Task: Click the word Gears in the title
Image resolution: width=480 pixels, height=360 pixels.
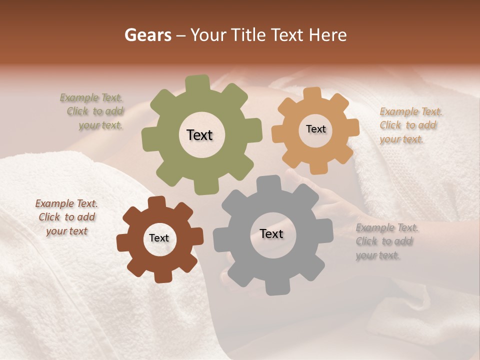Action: tap(147, 35)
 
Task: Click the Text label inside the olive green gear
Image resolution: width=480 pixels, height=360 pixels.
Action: tap(199, 135)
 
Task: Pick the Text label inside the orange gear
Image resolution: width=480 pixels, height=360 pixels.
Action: tap(315, 129)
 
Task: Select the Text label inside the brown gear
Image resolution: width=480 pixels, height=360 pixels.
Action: tap(159, 238)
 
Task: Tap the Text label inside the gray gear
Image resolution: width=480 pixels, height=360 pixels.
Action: tap(271, 233)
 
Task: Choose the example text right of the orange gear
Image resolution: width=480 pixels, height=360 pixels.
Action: tap(410, 125)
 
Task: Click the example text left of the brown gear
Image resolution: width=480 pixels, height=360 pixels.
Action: tap(67, 217)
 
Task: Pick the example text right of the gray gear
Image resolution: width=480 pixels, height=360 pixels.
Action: tap(386, 241)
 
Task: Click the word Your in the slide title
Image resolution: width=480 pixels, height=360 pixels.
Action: tap(209, 35)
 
